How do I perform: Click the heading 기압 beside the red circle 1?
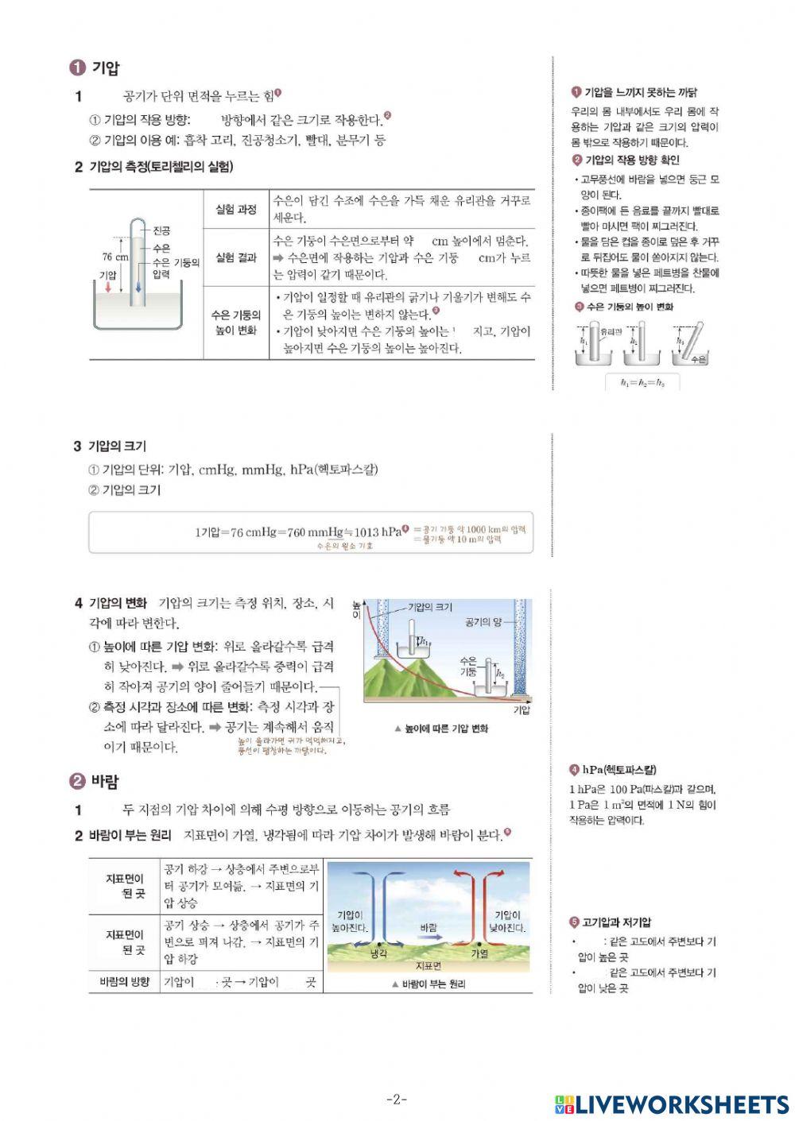tap(105, 68)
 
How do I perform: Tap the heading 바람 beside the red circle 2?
tap(105, 782)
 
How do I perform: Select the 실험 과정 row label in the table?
tap(236, 210)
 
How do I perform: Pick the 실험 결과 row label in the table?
tap(236, 257)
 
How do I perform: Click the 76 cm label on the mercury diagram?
tap(115, 257)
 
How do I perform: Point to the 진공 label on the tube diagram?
tap(161, 230)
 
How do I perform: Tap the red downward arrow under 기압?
tap(108, 287)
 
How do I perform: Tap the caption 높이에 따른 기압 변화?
tap(446, 729)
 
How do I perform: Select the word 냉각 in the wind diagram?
tap(378, 953)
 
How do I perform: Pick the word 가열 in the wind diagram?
tap(479, 953)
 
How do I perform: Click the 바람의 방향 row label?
tap(124, 982)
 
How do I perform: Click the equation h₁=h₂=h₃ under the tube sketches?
tap(642, 383)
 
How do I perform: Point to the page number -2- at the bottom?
tap(397, 1100)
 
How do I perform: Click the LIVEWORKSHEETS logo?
tap(672, 1104)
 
